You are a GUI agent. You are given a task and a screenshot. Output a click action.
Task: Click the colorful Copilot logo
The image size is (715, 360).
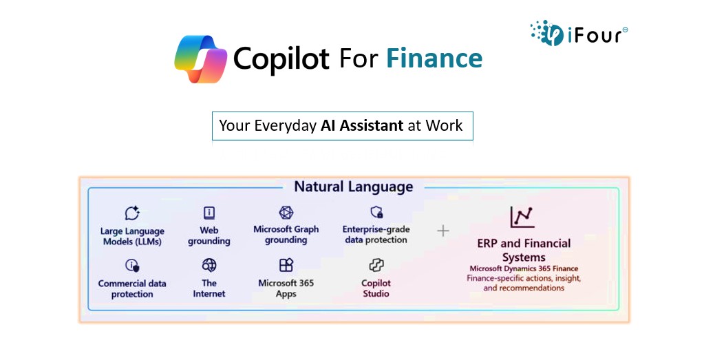(201, 59)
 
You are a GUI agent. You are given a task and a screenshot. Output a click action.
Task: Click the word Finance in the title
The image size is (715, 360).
(434, 59)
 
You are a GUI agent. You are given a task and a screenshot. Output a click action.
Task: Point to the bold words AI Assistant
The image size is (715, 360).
(362, 125)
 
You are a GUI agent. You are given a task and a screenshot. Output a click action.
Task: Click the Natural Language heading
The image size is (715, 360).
(354, 187)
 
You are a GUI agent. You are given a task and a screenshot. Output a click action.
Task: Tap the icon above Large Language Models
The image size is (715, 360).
(132, 213)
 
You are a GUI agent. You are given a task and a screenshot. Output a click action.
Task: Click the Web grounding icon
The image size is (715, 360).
(209, 213)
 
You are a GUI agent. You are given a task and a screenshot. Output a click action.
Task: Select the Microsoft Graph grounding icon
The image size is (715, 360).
(286, 213)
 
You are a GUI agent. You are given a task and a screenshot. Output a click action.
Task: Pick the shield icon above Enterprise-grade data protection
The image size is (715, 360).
(376, 212)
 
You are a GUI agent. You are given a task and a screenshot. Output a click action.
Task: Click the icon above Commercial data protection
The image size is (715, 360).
(132, 265)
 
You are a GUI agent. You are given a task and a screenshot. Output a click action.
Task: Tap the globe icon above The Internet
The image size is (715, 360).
(209, 265)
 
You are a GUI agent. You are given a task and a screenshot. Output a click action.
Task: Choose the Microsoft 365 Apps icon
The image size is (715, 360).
(286, 265)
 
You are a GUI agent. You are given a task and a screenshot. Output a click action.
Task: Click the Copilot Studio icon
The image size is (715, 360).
(376, 265)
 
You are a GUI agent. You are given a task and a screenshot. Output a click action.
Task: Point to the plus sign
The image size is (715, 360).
(442, 231)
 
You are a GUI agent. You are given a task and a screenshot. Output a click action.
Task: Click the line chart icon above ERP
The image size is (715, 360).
(522, 217)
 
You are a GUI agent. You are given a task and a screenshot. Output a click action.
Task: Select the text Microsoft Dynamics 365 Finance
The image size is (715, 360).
(524, 268)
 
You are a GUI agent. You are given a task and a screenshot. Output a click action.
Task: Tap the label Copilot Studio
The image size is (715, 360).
(376, 288)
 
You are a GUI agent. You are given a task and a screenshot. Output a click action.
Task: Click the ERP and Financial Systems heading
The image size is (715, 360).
(524, 250)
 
